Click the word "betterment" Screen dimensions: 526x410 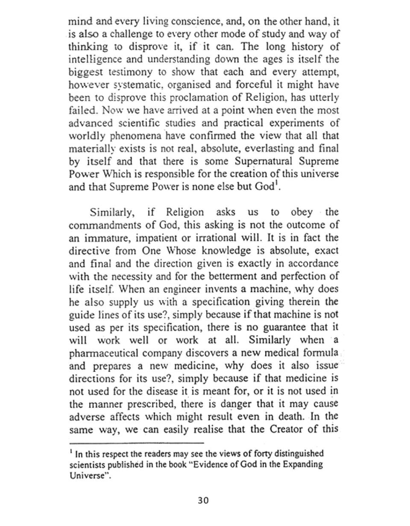238,276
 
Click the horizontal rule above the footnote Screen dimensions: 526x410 137,443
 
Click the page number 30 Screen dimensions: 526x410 203,500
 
